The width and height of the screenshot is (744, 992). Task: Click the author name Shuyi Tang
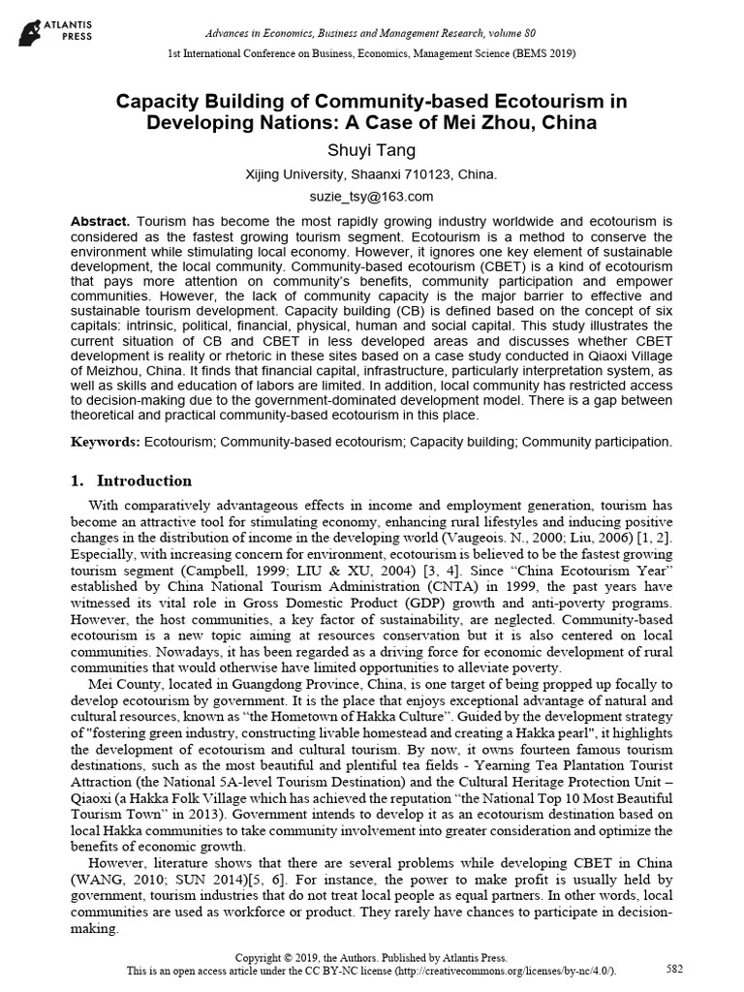pyautogui.click(x=372, y=150)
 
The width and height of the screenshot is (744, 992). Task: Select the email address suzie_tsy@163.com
pyautogui.click(x=372, y=197)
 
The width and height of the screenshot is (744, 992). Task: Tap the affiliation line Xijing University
pyautogui.click(x=372, y=174)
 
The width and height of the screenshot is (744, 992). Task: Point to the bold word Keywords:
pyautogui.click(x=106, y=442)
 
